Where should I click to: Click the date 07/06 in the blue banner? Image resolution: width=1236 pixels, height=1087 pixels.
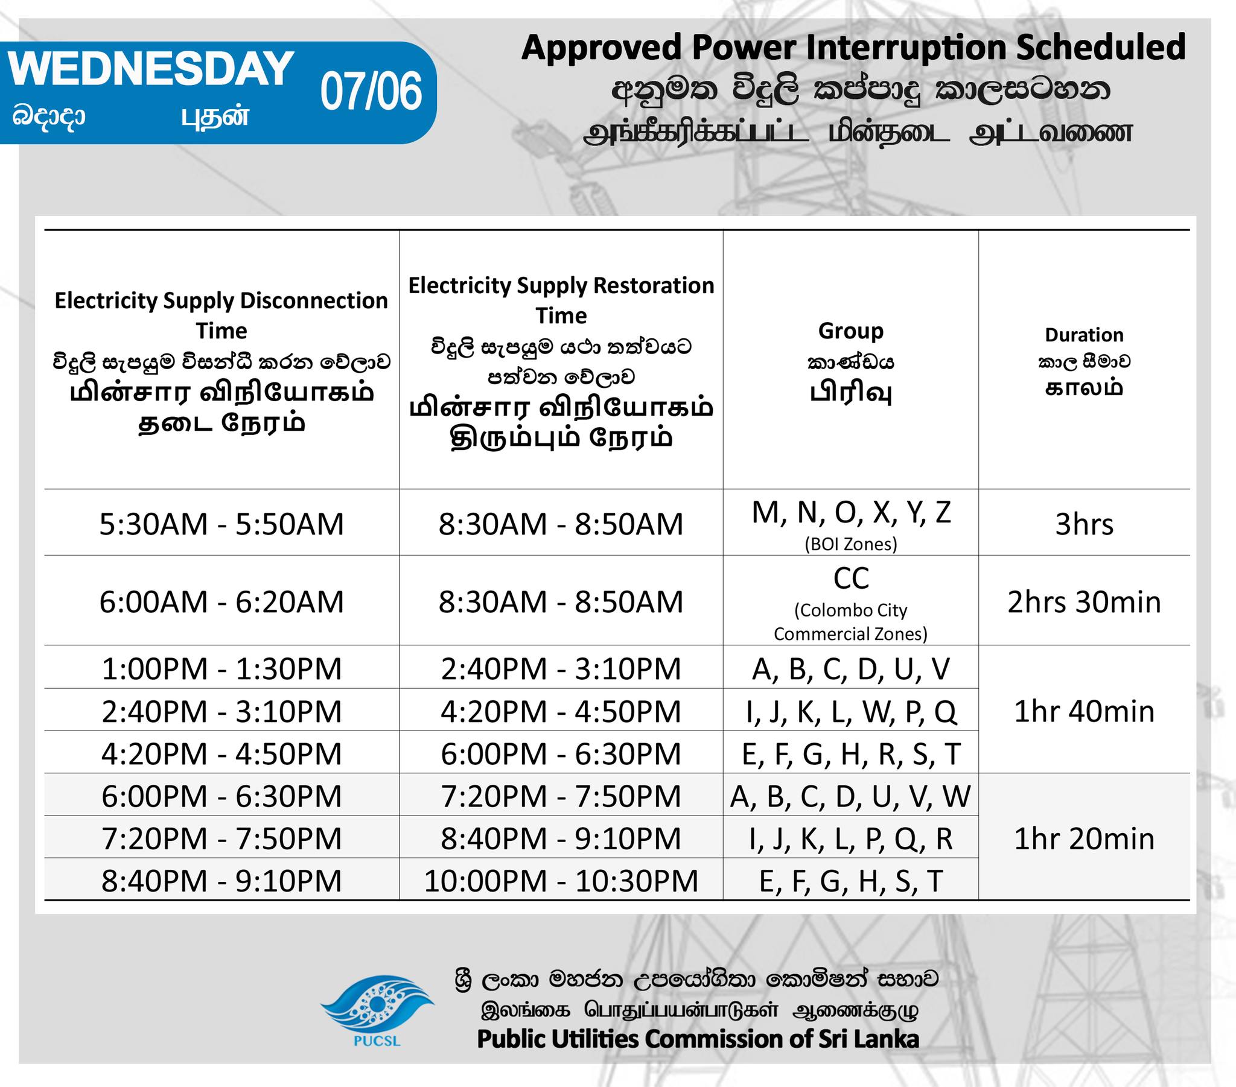coord(371,91)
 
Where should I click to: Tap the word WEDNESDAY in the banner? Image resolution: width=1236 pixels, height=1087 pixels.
coord(151,68)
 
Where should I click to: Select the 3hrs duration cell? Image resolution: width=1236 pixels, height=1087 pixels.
coord(1085,524)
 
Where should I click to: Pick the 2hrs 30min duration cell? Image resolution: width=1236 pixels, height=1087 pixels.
coord(1085,602)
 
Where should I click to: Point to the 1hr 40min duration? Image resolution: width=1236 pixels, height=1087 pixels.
coord(1085,711)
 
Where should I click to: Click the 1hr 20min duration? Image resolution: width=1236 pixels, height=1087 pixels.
coord(1085,838)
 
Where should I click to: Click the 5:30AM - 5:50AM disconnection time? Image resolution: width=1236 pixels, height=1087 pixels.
coord(222,524)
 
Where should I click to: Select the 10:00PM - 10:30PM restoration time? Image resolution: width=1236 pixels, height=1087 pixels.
coord(561,881)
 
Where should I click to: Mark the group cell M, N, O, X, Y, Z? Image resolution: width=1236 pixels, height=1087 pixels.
coord(852,513)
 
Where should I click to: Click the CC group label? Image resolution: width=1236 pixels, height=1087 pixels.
coord(851,578)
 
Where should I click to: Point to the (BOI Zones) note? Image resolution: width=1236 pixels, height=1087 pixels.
coord(851,544)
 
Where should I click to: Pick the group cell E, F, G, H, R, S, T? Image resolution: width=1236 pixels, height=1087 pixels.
coord(851,754)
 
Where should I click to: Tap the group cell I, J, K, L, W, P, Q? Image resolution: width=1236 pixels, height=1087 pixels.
coord(851,712)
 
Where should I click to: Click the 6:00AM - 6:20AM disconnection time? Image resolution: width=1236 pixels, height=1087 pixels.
coord(222,602)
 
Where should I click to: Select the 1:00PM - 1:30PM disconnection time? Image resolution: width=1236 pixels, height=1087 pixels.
coord(222,668)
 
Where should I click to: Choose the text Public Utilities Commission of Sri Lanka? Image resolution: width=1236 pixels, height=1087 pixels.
coord(698,1039)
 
